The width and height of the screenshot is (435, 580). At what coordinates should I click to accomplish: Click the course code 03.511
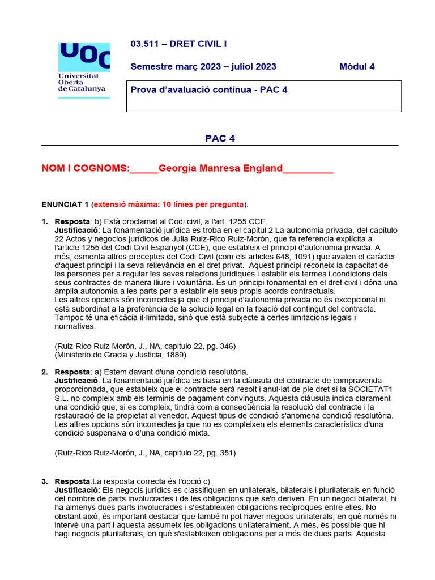pyautogui.click(x=145, y=44)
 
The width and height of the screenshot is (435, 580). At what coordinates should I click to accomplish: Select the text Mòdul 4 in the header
pyautogui.click(x=357, y=66)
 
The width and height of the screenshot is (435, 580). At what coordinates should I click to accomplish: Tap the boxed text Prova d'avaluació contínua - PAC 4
pyautogui.click(x=209, y=89)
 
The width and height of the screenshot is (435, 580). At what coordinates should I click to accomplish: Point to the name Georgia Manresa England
pyautogui.click(x=220, y=168)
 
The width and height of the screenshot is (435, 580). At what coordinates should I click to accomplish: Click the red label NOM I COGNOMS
pyautogui.click(x=86, y=168)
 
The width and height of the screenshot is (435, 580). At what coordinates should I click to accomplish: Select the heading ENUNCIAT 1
pyautogui.click(x=65, y=204)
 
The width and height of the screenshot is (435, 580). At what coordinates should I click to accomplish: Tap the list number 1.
pyautogui.click(x=44, y=221)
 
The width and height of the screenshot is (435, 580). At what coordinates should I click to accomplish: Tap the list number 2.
pyautogui.click(x=44, y=372)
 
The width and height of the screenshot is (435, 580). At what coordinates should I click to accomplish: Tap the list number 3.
pyautogui.click(x=44, y=481)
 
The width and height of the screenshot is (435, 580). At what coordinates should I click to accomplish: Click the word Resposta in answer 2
pyautogui.click(x=72, y=372)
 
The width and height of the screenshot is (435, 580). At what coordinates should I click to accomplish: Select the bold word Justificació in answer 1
pyautogui.click(x=76, y=230)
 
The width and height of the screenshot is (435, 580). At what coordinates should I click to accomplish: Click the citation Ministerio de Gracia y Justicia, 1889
pyautogui.click(x=120, y=355)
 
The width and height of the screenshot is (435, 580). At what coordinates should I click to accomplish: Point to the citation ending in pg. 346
pyautogui.click(x=145, y=346)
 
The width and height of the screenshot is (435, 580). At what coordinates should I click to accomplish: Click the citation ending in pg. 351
pyautogui.click(x=145, y=453)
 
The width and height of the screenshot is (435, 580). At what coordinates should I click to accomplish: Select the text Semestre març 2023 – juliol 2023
pyautogui.click(x=203, y=66)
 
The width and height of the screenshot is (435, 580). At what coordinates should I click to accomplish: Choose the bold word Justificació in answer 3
pyautogui.click(x=76, y=489)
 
